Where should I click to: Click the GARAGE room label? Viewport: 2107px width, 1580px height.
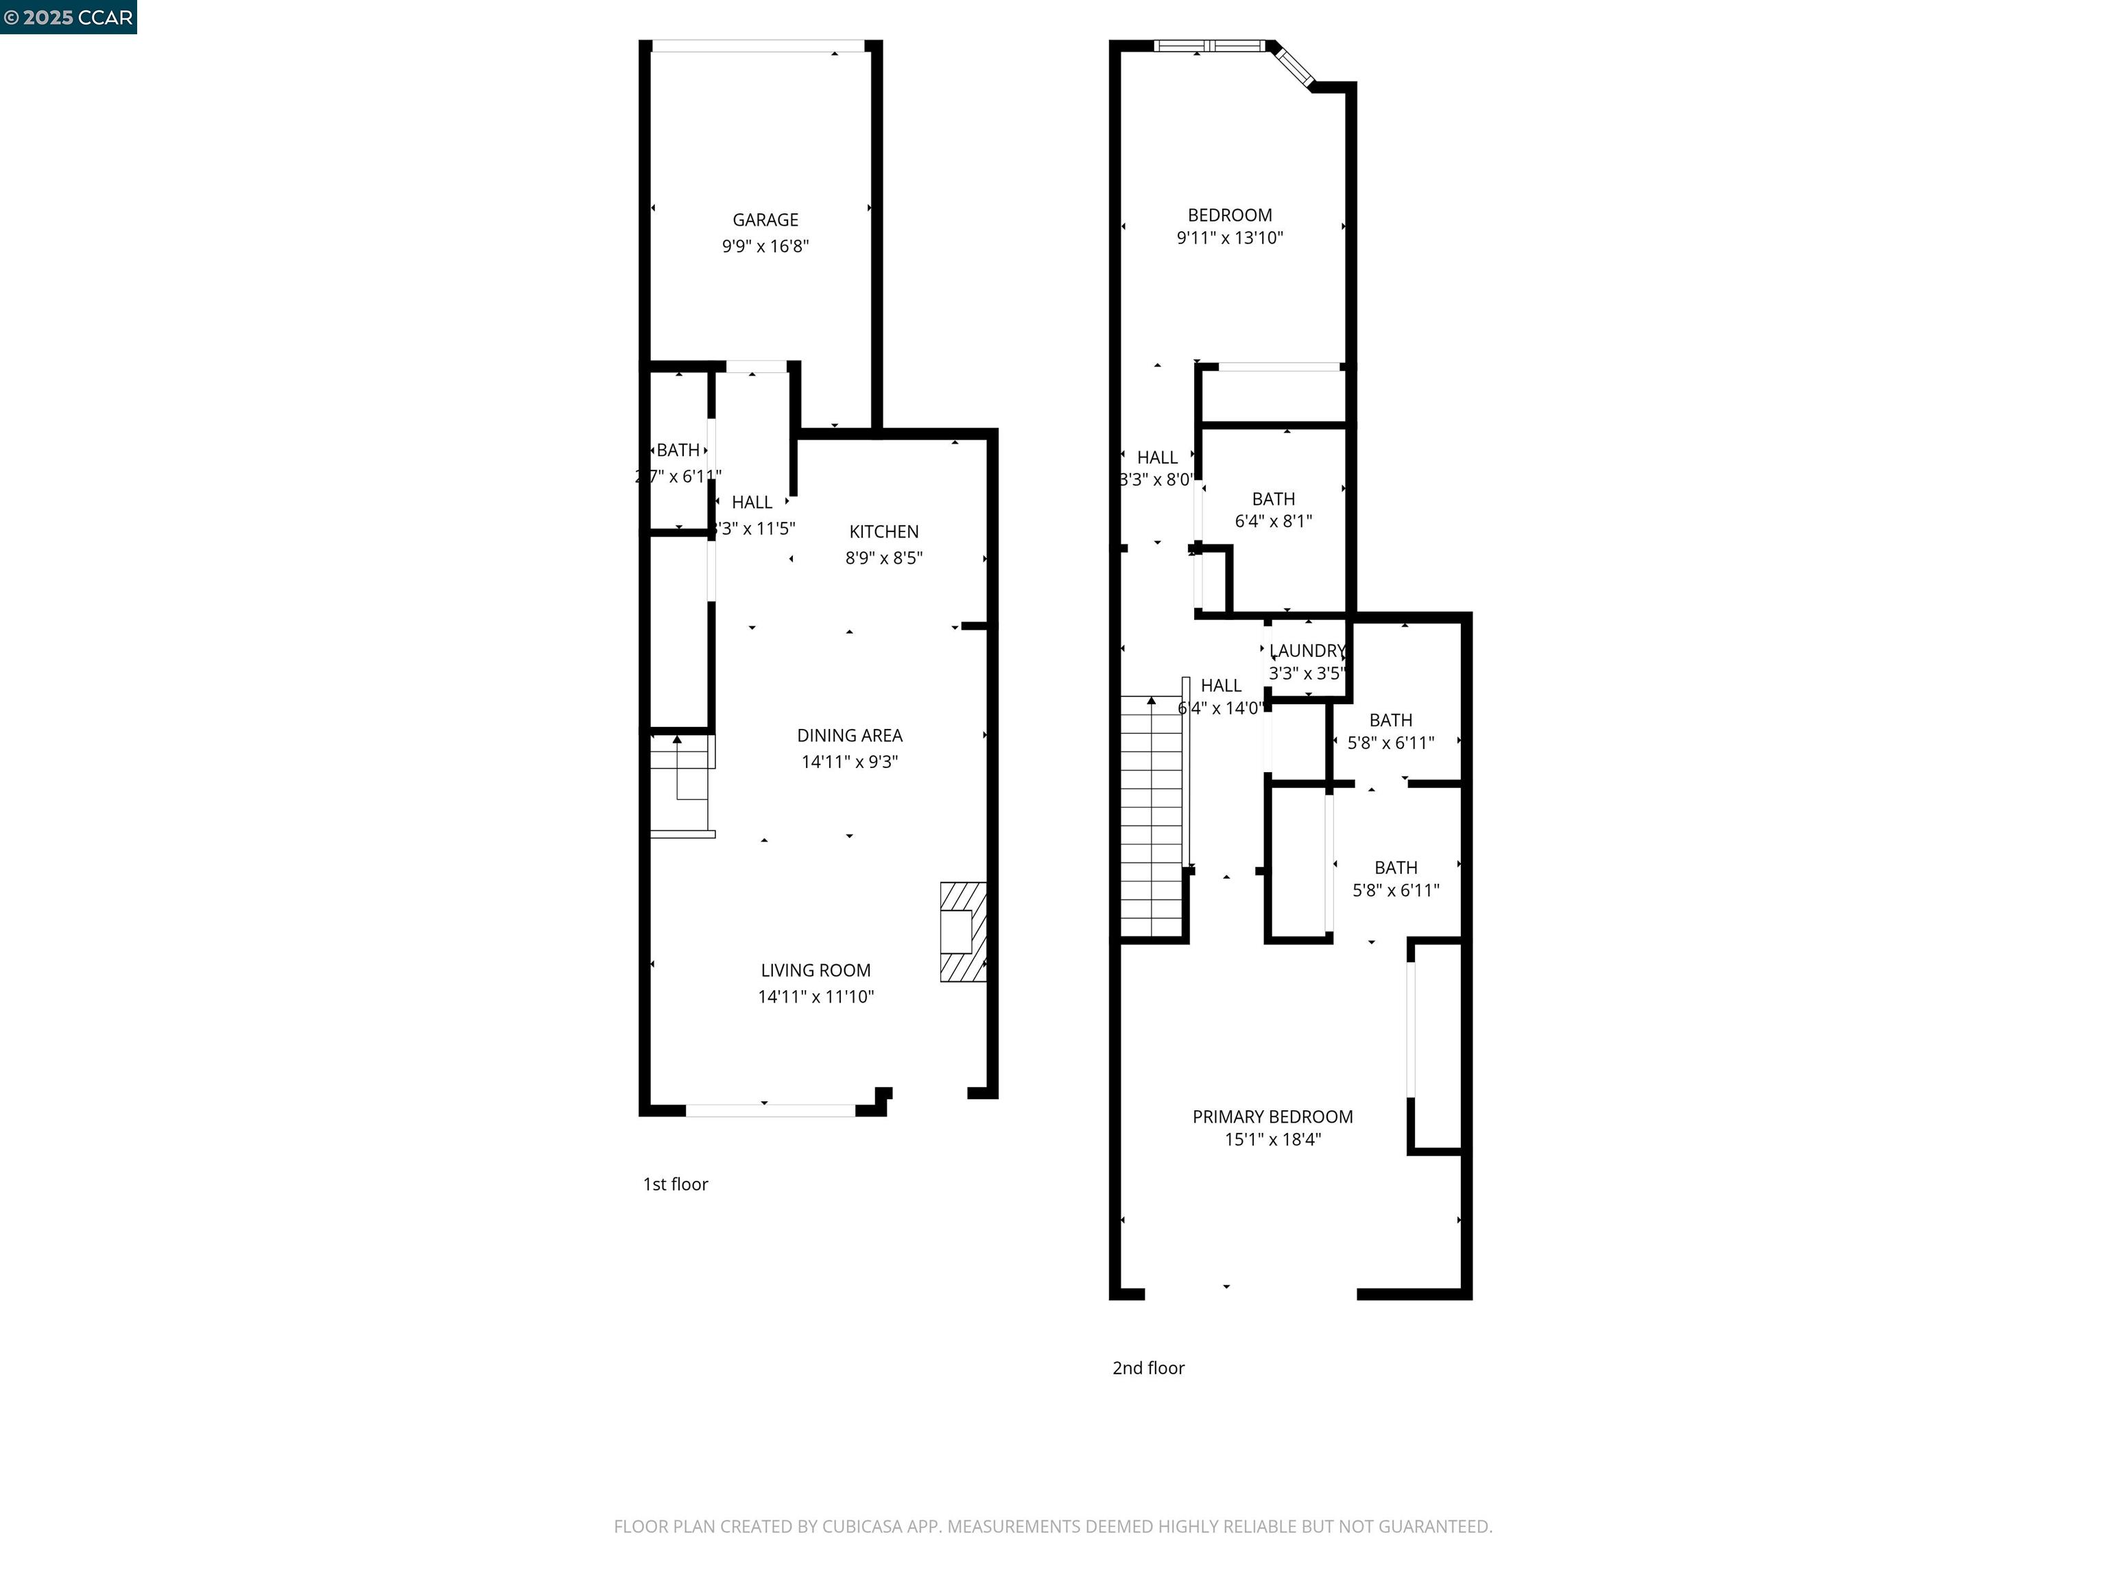click(x=765, y=220)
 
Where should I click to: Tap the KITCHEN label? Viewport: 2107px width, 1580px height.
click(x=883, y=531)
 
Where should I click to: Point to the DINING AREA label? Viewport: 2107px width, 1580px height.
click(x=848, y=735)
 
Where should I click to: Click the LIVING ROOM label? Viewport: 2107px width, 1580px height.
click(x=816, y=970)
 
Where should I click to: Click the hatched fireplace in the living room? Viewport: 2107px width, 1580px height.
click(x=962, y=931)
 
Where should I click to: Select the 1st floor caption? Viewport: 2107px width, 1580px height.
click(x=676, y=1184)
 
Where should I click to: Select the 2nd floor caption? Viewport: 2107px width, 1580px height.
click(x=1147, y=1367)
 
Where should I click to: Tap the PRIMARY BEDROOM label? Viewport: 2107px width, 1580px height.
click(x=1272, y=1116)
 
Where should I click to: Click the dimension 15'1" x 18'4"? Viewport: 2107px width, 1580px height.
click(x=1272, y=1140)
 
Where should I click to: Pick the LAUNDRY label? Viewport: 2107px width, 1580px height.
click(x=1307, y=651)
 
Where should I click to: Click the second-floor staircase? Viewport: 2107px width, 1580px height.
click(x=1151, y=819)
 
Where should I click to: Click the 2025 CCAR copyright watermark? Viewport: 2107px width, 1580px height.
click(x=69, y=17)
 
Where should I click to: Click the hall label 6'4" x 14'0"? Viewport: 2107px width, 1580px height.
click(x=1220, y=708)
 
